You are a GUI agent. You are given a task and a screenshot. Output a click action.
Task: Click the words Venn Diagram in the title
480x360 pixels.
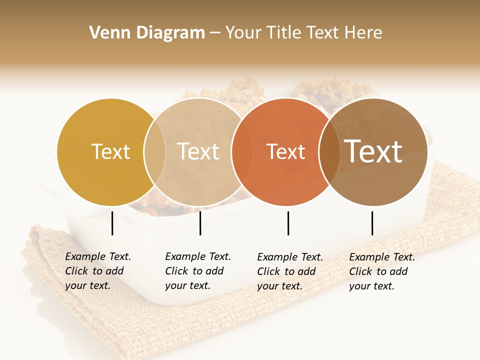click(x=147, y=33)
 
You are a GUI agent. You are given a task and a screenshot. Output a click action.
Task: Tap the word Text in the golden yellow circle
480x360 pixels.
click(x=111, y=152)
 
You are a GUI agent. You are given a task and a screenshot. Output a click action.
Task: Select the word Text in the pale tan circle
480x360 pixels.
click(x=198, y=152)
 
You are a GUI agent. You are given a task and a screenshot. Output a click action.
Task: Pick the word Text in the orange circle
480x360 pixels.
click(x=285, y=152)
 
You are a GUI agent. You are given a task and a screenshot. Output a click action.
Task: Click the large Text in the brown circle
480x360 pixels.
click(x=373, y=151)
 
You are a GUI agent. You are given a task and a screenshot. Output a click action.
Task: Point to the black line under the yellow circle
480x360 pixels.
click(x=112, y=223)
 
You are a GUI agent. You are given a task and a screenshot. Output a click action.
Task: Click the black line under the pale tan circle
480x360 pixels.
click(x=200, y=223)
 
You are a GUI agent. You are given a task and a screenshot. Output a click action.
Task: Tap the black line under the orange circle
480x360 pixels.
click(x=288, y=223)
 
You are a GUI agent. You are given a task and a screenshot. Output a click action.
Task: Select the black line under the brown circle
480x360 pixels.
click(x=372, y=223)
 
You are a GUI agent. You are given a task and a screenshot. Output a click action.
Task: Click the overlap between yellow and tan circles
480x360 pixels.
click(x=154, y=152)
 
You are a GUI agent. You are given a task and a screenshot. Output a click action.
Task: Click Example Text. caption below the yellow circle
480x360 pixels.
click(x=98, y=257)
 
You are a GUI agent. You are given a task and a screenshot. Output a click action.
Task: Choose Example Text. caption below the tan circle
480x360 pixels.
click(x=198, y=257)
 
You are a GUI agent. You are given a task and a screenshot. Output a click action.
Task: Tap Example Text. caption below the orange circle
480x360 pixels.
click(x=290, y=257)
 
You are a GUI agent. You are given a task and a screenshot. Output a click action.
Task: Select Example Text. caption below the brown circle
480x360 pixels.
click(x=382, y=257)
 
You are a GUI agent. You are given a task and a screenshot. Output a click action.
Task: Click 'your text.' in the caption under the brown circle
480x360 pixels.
click(x=371, y=286)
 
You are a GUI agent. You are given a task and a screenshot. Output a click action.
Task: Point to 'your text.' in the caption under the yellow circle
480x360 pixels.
click(x=87, y=285)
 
